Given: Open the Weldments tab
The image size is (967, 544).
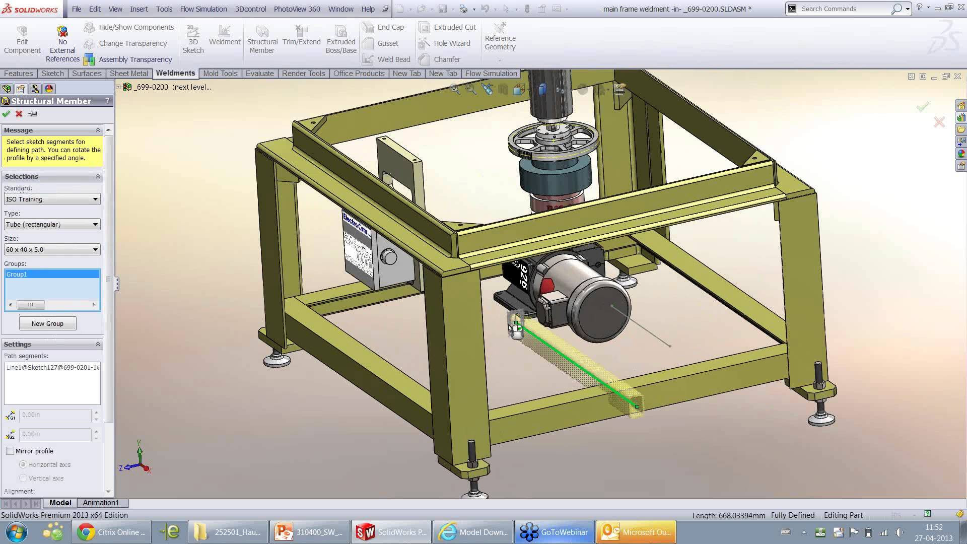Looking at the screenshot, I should [x=175, y=73].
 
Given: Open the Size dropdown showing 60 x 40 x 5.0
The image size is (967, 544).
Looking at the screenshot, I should [x=52, y=249].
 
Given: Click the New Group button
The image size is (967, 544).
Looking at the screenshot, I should [x=48, y=323].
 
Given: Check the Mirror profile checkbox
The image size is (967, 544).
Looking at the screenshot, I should [x=10, y=451].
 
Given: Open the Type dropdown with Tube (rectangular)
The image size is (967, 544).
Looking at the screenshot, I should [x=52, y=224].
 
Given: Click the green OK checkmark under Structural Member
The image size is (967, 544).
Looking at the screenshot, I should [x=6, y=114].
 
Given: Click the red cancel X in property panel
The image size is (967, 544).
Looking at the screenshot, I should [x=19, y=114].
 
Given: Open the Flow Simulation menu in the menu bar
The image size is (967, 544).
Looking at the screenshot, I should [x=203, y=9].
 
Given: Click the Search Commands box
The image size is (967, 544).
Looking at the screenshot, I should [x=844, y=9].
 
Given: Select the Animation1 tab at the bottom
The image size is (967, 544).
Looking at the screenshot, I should [x=101, y=503].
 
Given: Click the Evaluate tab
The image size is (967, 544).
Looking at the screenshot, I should [x=259, y=73].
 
